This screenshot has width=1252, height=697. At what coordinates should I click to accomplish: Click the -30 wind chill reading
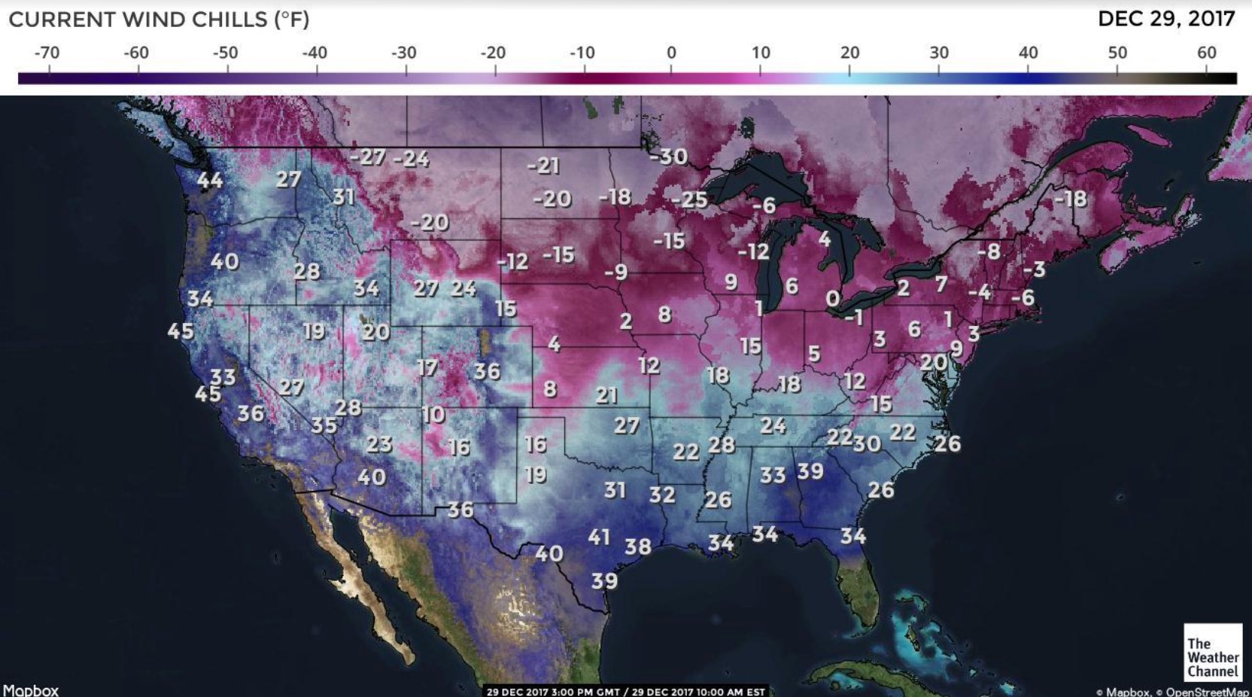[x=668, y=157]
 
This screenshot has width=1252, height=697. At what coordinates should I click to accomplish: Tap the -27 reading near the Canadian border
[x=368, y=157]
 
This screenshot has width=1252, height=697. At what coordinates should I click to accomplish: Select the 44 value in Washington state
[x=210, y=181]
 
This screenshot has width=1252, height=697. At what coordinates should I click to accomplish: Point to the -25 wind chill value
[x=690, y=200]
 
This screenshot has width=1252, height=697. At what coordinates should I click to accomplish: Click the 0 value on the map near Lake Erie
[x=832, y=299]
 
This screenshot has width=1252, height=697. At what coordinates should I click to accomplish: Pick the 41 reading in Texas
[x=599, y=537]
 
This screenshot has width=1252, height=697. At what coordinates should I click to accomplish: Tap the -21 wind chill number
[x=543, y=166]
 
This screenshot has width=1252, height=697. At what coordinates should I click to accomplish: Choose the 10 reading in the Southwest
[x=433, y=415]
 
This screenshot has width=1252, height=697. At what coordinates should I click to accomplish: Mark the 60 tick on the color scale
[x=1206, y=53]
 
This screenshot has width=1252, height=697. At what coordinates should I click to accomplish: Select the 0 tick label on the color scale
[x=671, y=53]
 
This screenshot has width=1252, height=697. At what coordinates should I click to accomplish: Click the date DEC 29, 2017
[x=1166, y=19]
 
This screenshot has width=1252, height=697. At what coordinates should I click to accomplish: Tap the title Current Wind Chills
[x=159, y=20]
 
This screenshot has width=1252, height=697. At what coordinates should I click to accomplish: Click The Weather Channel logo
[x=1212, y=652]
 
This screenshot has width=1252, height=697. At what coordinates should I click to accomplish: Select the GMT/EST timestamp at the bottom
[x=625, y=691]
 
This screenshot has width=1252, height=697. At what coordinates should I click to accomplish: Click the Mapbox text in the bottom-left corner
[x=30, y=689]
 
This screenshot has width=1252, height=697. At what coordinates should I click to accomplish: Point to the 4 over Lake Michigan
[x=825, y=239]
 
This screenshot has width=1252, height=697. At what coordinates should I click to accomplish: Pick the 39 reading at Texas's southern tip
[x=604, y=581]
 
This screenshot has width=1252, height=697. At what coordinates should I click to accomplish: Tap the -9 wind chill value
[x=615, y=272]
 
